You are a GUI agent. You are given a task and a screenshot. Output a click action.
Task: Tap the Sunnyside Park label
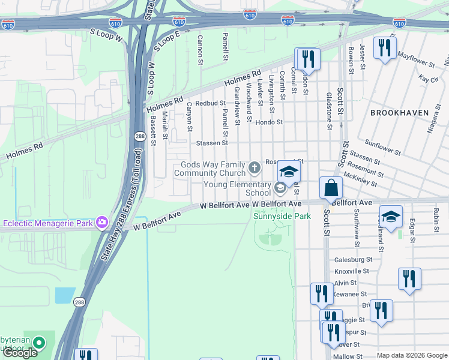coord(282,216)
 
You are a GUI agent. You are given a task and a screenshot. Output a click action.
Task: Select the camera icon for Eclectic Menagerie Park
coord(101,223)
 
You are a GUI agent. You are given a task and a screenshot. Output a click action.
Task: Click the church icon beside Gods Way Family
coord(255,167)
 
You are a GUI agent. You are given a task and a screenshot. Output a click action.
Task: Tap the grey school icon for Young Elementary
coord(279,188)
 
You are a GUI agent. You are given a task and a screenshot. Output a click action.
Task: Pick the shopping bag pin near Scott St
coord(331,188)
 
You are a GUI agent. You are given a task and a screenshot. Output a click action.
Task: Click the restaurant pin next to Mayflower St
coord(384,49)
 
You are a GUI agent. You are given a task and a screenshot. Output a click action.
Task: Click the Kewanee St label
coord(352,294)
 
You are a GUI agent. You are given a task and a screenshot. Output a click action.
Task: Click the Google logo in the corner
coord(19,353)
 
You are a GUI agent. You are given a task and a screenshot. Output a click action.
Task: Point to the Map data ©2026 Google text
coord(412,355)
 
